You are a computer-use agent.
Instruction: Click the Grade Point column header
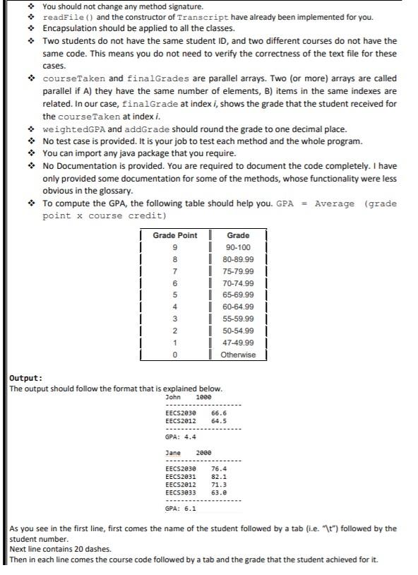(x=175, y=235)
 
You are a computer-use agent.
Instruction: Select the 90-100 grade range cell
(x=238, y=247)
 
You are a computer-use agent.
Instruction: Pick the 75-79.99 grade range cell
(x=238, y=271)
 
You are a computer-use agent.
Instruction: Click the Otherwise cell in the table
(x=238, y=355)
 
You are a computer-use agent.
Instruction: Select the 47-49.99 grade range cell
(x=238, y=343)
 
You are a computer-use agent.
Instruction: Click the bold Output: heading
(x=25, y=378)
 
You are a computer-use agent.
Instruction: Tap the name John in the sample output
(x=172, y=397)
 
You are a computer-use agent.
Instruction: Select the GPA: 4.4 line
(x=181, y=437)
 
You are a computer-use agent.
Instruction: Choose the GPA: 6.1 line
(x=181, y=507)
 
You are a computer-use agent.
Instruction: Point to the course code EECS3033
(x=180, y=492)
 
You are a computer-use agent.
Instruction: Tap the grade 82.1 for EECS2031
(x=219, y=476)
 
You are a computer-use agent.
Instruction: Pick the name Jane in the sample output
(x=172, y=453)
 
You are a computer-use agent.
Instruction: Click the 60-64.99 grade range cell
(x=238, y=307)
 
